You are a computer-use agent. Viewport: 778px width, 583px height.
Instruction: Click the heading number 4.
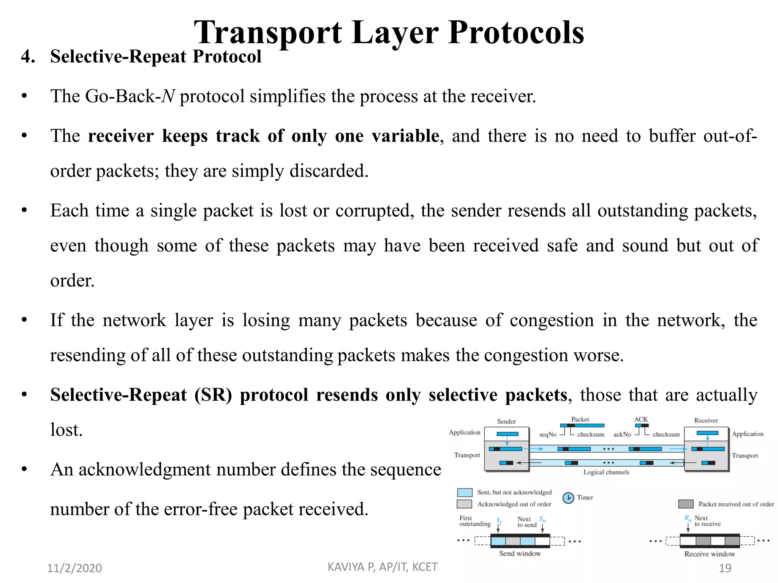[x=28, y=57]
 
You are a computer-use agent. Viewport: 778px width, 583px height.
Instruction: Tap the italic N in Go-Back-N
[x=168, y=96]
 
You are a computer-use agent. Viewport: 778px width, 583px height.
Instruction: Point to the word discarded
[x=329, y=171]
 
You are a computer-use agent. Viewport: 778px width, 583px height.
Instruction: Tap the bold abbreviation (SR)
[x=213, y=395]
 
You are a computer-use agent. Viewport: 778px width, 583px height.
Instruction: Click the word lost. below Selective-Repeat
[x=66, y=430]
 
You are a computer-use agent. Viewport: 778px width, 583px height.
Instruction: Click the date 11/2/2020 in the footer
[x=74, y=568]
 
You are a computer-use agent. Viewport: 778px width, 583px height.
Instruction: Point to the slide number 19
[x=725, y=568]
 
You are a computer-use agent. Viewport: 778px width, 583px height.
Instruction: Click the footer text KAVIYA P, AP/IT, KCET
[x=383, y=567]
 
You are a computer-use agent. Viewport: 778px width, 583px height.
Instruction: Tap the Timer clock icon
[x=568, y=498]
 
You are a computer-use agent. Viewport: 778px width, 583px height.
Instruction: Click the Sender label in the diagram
[x=506, y=421]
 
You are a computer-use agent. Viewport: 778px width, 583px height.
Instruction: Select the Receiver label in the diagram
[x=706, y=421]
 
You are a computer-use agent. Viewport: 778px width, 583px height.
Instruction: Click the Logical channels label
[x=606, y=472]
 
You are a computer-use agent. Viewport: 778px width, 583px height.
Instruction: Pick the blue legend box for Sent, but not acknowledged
[x=465, y=493]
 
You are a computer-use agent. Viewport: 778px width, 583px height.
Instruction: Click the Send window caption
[x=520, y=553]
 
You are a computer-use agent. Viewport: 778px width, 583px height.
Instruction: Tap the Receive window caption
[x=710, y=554]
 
